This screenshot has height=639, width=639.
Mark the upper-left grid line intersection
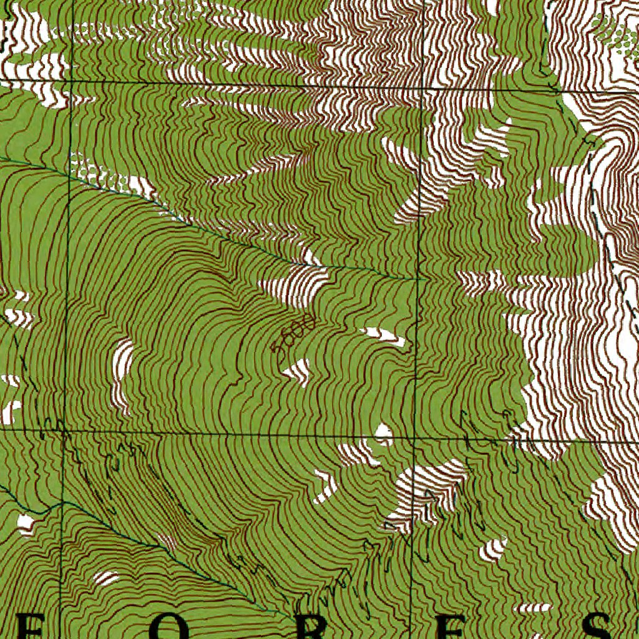(x=71, y=81)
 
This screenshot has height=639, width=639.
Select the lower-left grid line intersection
(x=63, y=430)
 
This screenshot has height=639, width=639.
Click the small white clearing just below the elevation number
(x=298, y=371)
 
